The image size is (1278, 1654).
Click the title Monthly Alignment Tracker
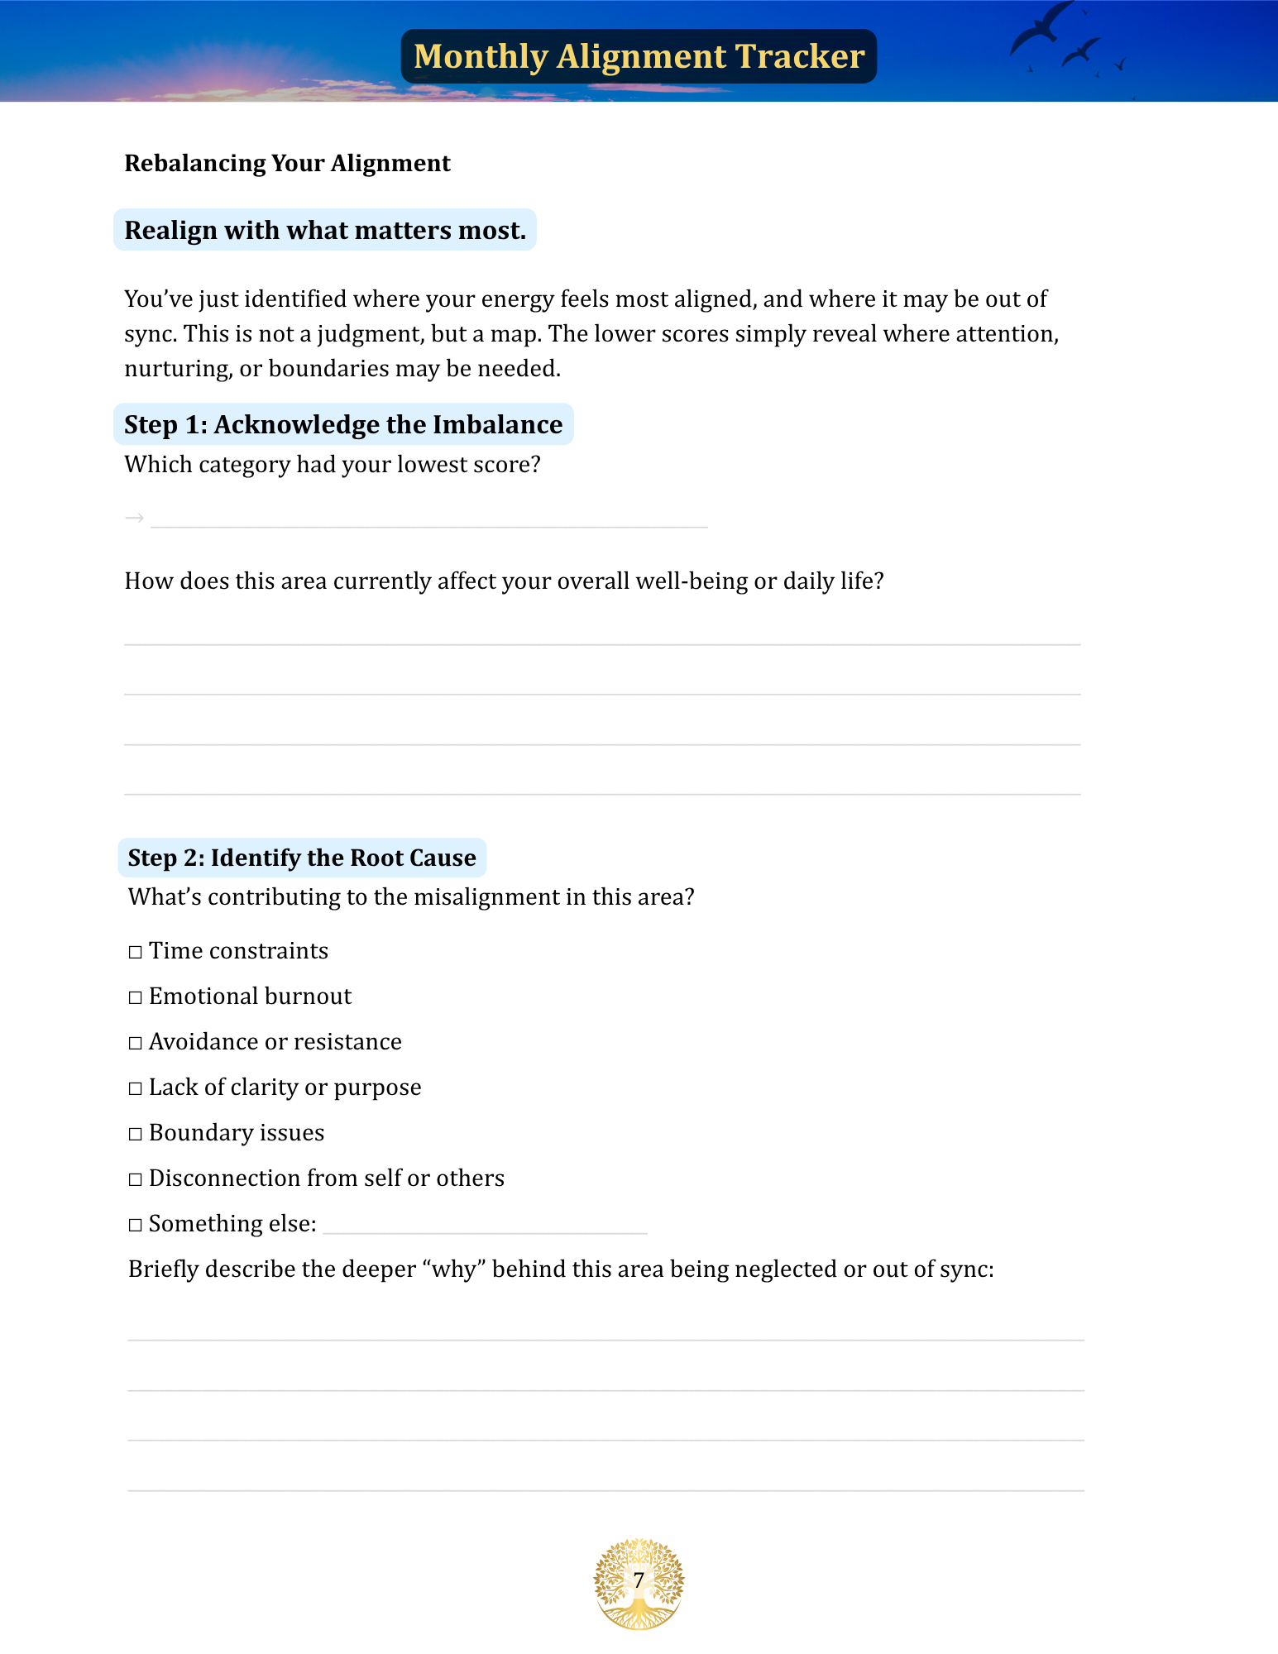tap(639, 56)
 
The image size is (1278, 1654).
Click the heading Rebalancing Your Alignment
tap(287, 163)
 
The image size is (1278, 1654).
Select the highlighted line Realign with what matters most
tap(325, 230)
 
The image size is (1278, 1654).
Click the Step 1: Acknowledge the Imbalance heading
tap(343, 424)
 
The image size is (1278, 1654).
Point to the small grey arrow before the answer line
tap(134, 519)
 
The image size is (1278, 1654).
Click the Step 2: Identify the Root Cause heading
tap(302, 858)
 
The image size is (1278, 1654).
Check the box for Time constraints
tap(136, 952)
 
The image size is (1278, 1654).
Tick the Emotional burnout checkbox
tap(136, 997)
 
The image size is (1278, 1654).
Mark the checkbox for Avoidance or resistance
tap(136, 1043)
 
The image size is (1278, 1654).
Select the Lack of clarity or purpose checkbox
tap(136, 1088)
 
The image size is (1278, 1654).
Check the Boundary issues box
tap(136, 1134)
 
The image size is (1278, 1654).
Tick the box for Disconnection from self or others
tap(136, 1179)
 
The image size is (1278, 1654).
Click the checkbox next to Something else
tap(136, 1225)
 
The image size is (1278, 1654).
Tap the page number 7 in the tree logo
tap(639, 1580)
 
